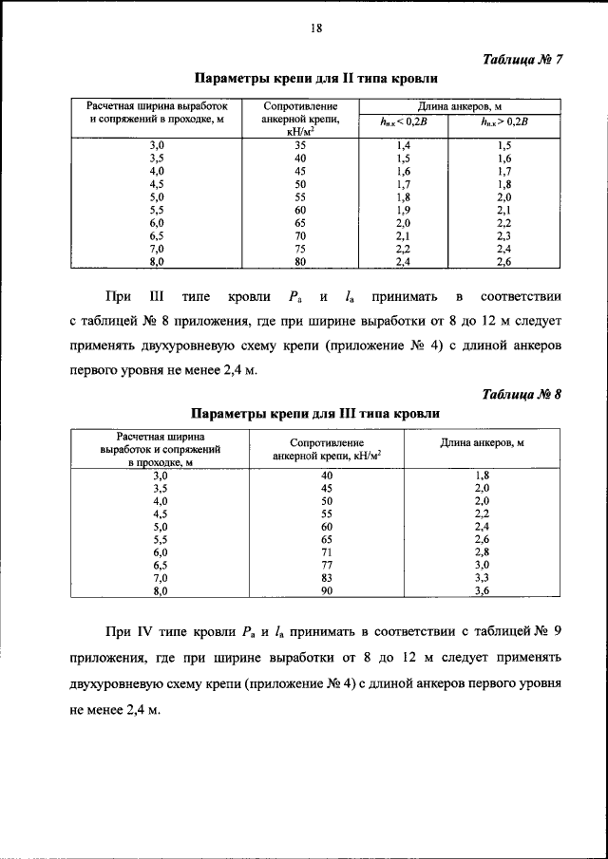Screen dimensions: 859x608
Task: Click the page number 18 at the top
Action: click(x=317, y=28)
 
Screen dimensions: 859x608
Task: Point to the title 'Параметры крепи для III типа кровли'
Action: click(x=316, y=414)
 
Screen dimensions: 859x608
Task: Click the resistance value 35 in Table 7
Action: click(x=300, y=145)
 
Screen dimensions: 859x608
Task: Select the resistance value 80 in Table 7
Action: click(x=300, y=260)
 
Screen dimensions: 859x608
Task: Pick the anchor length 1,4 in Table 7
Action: click(x=403, y=145)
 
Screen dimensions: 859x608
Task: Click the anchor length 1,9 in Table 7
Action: click(x=403, y=209)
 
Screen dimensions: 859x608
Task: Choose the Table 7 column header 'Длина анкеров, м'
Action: click(x=453, y=106)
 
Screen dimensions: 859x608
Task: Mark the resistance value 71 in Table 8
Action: click(x=327, y=551)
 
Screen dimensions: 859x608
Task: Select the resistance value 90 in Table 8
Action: click(x=327, y=589)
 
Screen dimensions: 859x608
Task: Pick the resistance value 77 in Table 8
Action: click(x=327, y=564)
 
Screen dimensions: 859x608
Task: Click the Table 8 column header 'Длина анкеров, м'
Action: click(x=483, y=443)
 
